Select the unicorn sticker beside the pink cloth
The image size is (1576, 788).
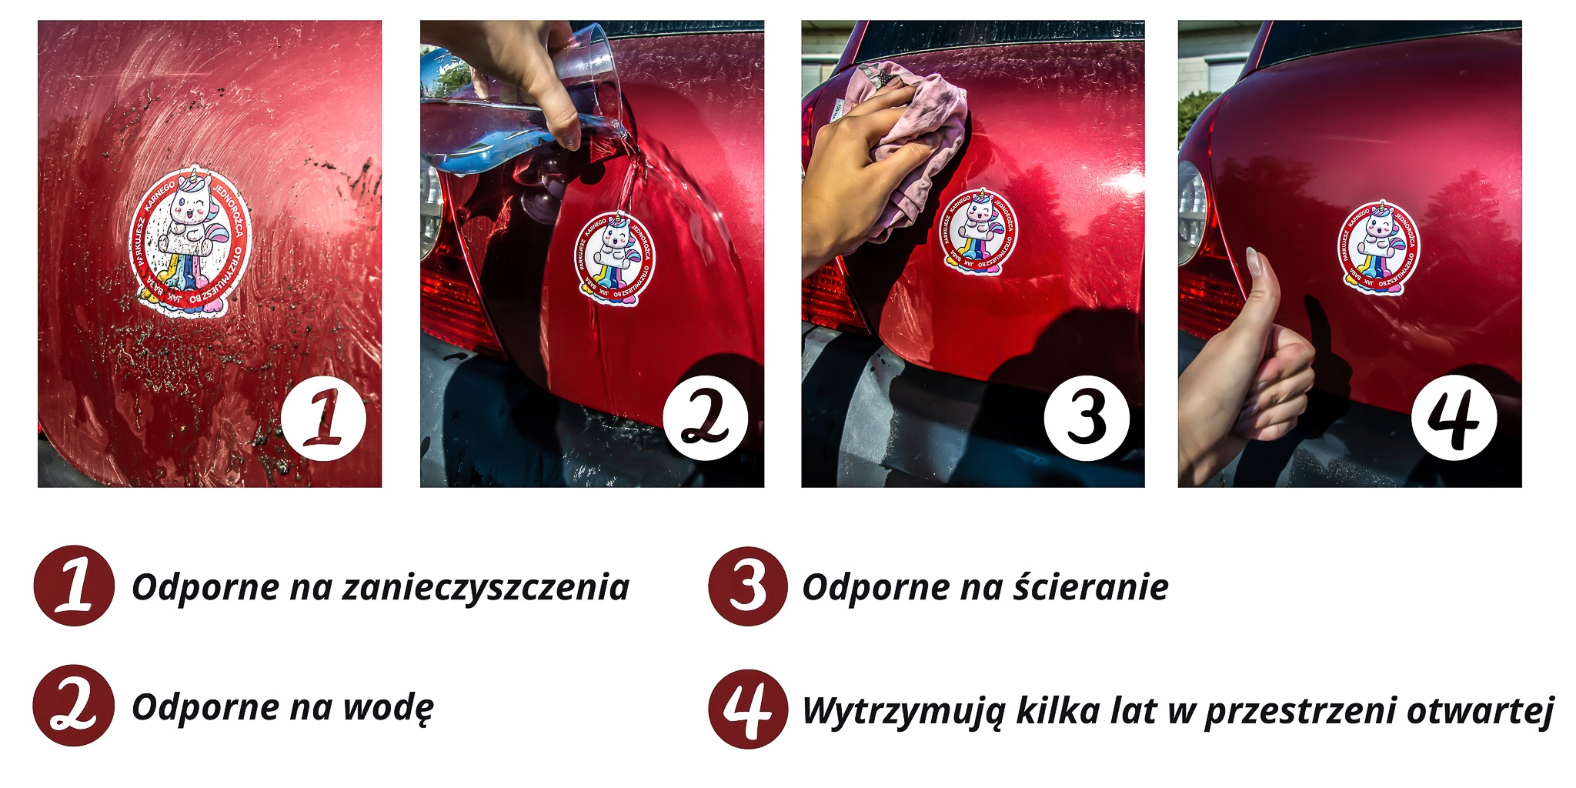tap(977, 231)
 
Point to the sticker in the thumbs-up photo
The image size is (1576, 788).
tap(1378, 248)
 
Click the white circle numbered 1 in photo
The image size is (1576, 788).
tap(323, 419)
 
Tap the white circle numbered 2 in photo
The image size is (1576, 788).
tap(705, 419)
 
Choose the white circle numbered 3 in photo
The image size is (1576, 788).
tap(1087, 419)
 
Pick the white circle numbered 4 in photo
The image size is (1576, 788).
tap(1454, 419)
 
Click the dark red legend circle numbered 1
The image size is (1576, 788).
tap(74, 586)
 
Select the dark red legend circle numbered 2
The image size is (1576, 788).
tap(74, 706)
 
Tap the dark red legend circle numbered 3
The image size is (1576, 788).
tap(748, 586)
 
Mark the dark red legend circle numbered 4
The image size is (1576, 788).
tap(748, 709)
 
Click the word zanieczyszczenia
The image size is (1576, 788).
tap(486, 588)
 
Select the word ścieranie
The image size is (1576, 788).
tap(1090, 588)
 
